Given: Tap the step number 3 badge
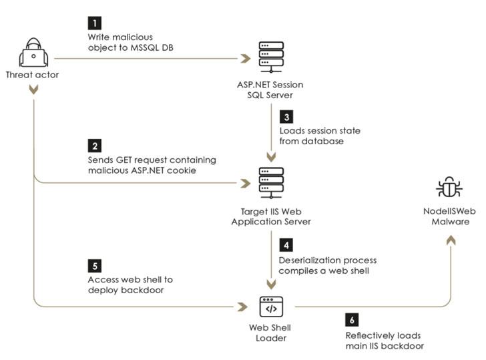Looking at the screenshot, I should tap(286, 116).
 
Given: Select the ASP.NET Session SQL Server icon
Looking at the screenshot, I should tap(270, 55).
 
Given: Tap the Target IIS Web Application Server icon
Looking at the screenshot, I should tap(271, 181).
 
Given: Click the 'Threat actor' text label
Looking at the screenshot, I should tap(32, 75).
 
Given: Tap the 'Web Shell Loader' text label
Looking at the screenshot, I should tap(271, 333).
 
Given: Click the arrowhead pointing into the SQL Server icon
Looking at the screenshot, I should tap(246, 59).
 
